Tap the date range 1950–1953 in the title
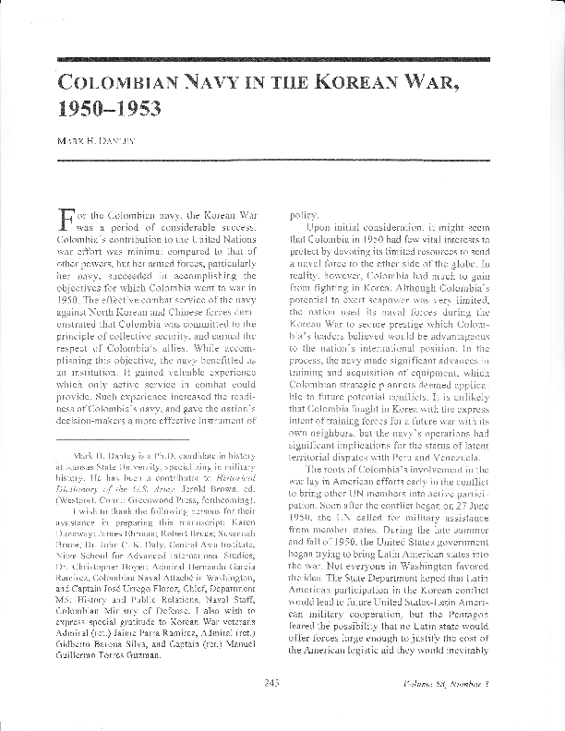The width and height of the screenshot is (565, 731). tap(110, 110)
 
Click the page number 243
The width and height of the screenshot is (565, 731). tap(270, 708)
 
